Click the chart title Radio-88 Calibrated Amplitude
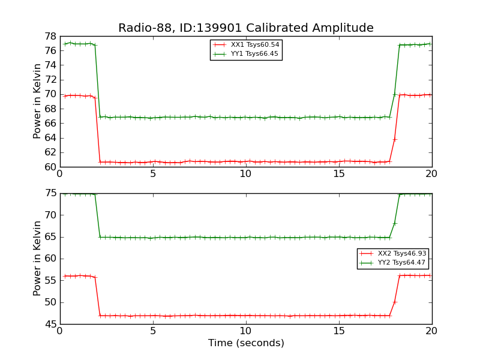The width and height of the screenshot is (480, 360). (x=245, y=28)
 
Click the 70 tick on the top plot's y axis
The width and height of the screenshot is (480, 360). (x=51, y=94)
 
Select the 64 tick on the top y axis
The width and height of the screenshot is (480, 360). (x=51, y=137)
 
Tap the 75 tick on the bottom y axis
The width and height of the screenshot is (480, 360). (x=51, y=193)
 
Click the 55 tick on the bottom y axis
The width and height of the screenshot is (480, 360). (x=51, y=280)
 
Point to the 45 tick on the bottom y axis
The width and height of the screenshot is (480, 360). (x=51, y=324)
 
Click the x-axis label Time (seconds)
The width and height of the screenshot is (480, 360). (x=246, y=343)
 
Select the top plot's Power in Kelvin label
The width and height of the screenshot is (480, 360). (x=37, y=101)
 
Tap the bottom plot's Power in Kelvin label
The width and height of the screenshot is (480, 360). (x=37, y=258)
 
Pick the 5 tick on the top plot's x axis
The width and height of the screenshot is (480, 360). (x=153, y=174)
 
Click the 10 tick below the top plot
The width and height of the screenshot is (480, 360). (x=246, y=174)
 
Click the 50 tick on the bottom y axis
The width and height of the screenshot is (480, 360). (x=51, y=302)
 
